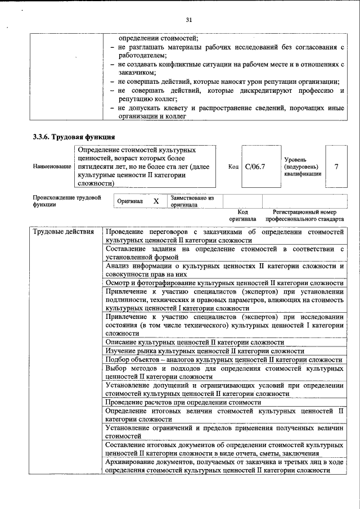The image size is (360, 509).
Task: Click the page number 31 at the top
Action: click(x=189, y=20)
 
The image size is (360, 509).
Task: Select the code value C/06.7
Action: click(x=255, y=167)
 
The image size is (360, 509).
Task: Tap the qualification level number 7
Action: click(x=336, y=167)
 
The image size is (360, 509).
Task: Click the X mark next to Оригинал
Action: click(x=156, y=201)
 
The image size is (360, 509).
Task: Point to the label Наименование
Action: click(x=52, y=167)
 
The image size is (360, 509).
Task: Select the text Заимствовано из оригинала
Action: click(x=192, y=201)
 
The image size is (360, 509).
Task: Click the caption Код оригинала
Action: click(x=242, y=215)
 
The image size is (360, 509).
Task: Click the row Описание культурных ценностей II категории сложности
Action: click(x=195, y=342)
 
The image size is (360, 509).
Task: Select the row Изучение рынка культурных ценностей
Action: click(x=197, y=351)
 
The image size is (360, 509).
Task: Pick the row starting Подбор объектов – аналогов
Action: click(x=223, y=359)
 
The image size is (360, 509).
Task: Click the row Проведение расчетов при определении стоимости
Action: click(x=183, y=403)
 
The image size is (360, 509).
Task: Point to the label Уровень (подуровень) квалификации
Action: click(x=303, y=167)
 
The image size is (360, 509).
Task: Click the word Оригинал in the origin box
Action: click(x=129, y=201)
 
